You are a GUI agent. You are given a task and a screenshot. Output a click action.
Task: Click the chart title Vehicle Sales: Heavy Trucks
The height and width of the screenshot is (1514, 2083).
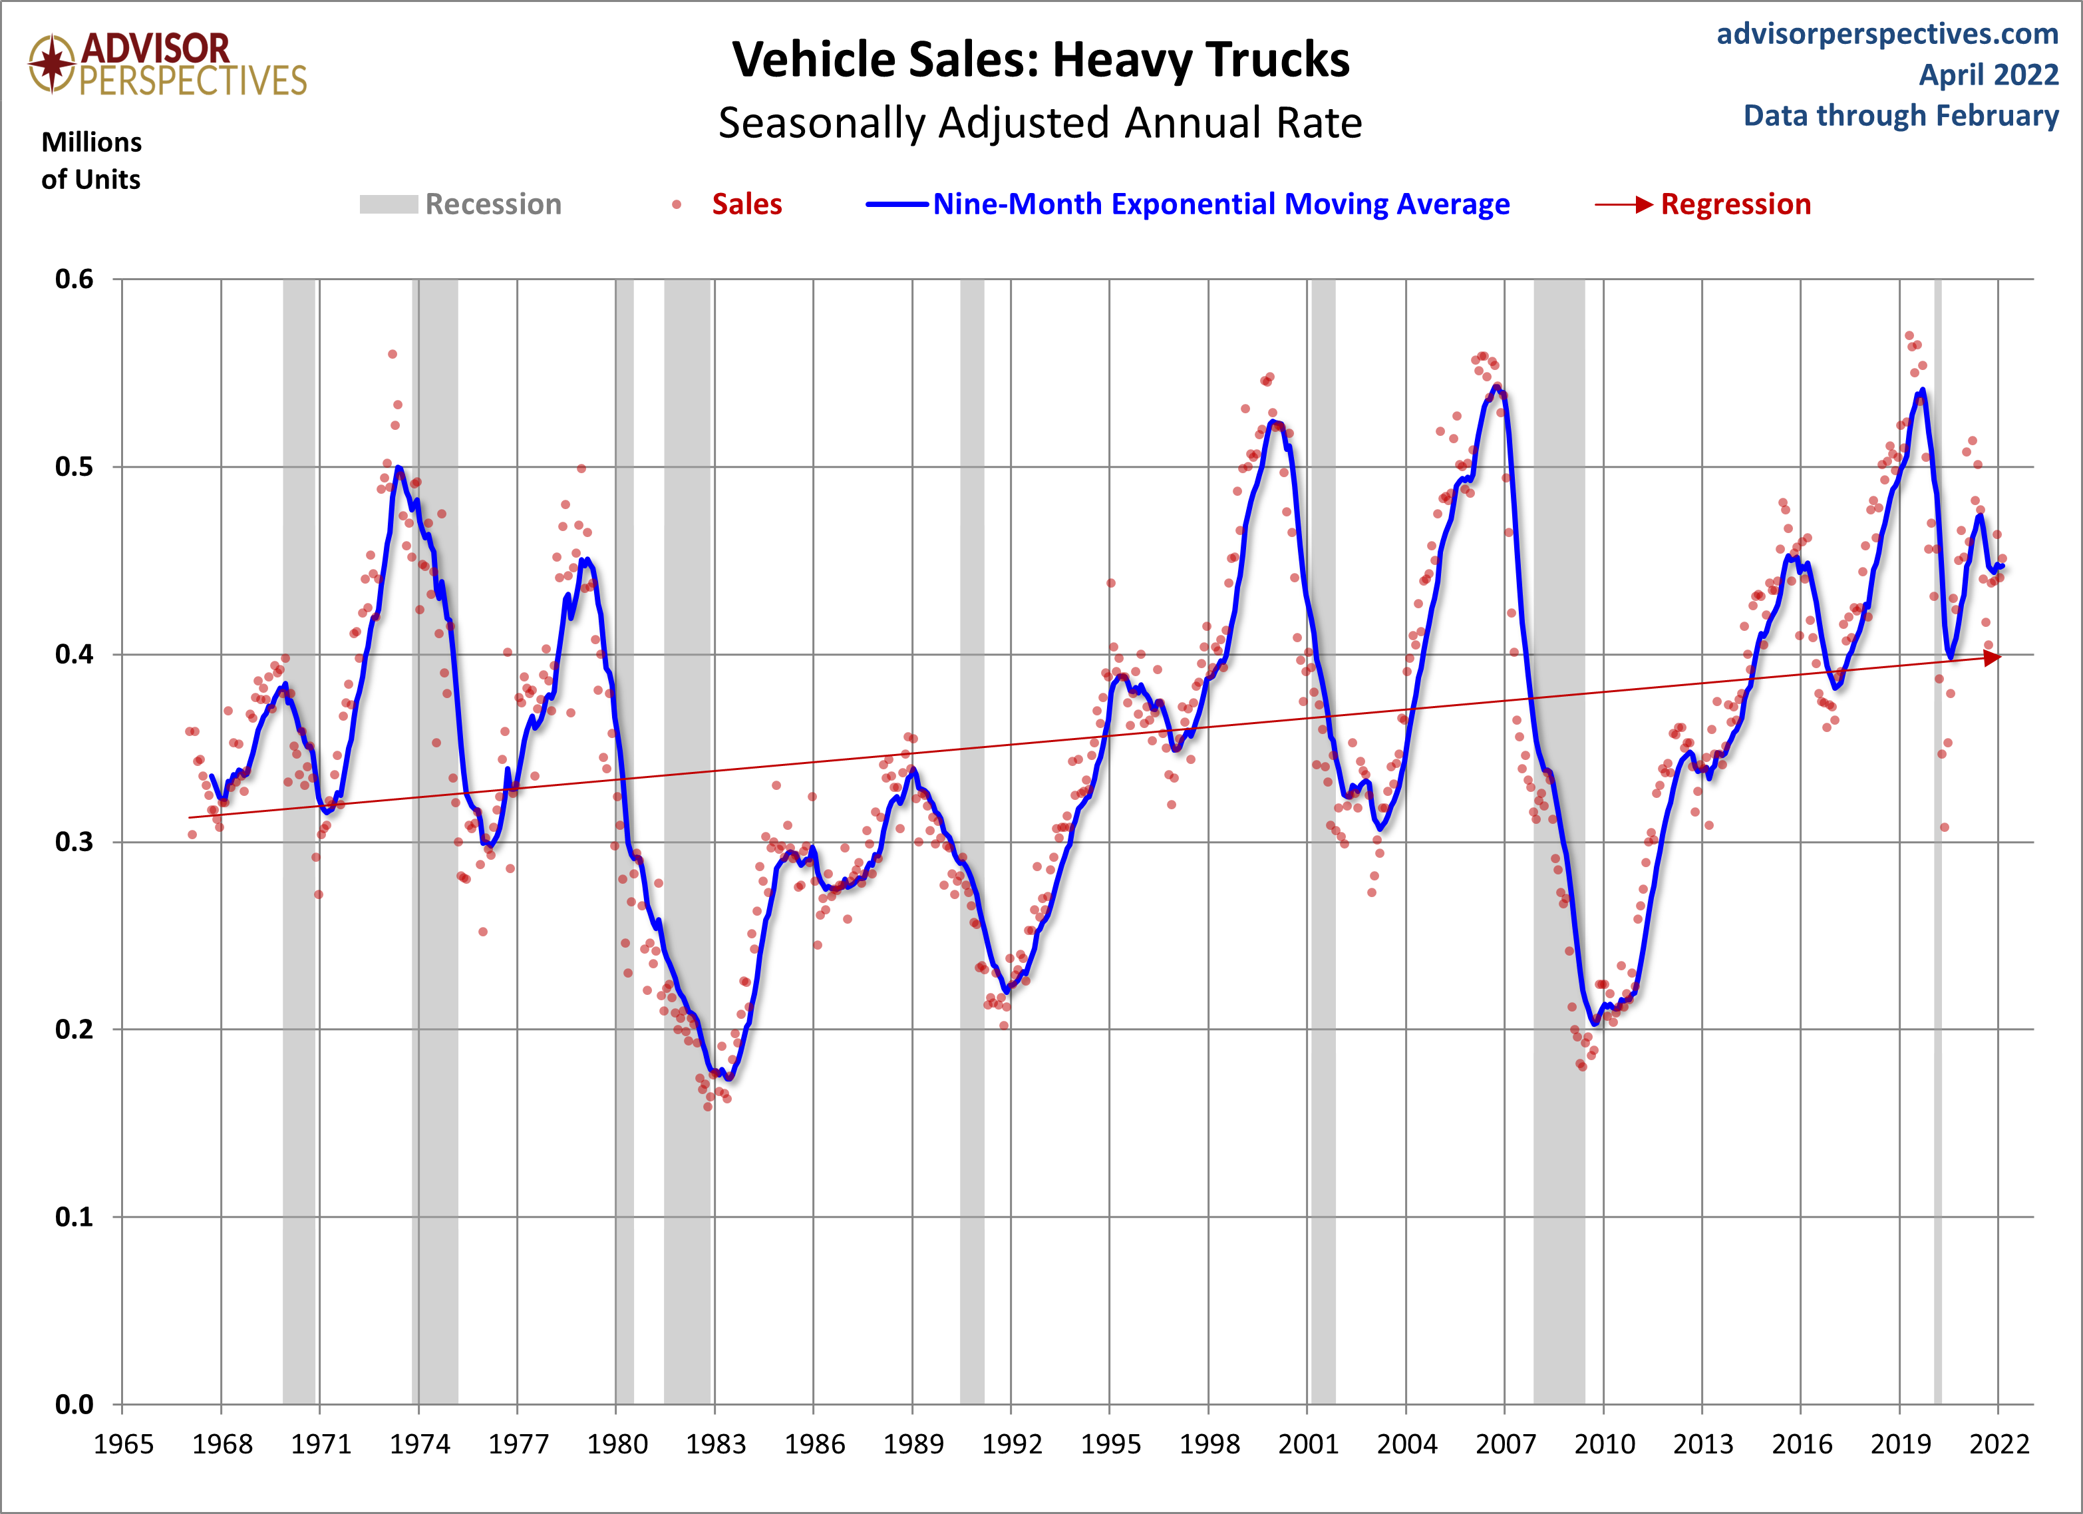point(1041,61)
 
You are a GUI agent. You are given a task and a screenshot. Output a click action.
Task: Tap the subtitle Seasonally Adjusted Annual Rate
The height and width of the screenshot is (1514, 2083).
point(1040,123)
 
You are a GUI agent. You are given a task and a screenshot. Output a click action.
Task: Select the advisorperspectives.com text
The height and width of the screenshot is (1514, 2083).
point(1887,34)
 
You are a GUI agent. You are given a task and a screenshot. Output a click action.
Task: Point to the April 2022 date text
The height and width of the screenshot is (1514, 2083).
point(1989,75)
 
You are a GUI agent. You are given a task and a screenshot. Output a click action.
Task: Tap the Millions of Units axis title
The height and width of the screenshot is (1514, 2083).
point(91,161)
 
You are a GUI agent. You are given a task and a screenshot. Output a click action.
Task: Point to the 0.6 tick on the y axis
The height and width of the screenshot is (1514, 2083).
point(75,280)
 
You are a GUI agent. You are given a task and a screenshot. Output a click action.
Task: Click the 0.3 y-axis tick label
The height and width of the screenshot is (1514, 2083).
point(75,843)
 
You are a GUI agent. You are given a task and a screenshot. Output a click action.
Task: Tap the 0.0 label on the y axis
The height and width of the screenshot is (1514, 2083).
point(75,1405)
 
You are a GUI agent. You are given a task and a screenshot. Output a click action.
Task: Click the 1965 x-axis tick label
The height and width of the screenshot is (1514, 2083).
point(123,1444)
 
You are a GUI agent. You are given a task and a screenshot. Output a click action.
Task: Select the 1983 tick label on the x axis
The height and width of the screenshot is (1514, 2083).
point(715,1444)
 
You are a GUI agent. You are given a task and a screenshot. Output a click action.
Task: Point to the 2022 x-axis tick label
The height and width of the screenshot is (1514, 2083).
point(1999,1444)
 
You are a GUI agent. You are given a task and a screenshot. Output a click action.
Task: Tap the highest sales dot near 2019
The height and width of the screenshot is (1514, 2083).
point(1909,336)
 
